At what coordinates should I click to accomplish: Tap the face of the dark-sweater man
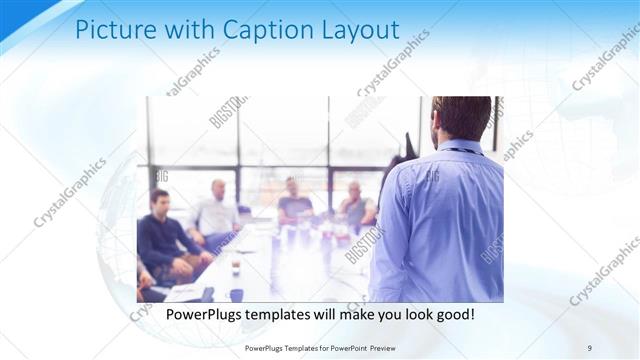tap(158, 201)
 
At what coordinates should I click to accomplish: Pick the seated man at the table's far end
tap(293, 200)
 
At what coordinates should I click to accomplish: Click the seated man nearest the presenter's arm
tap(355, 206)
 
